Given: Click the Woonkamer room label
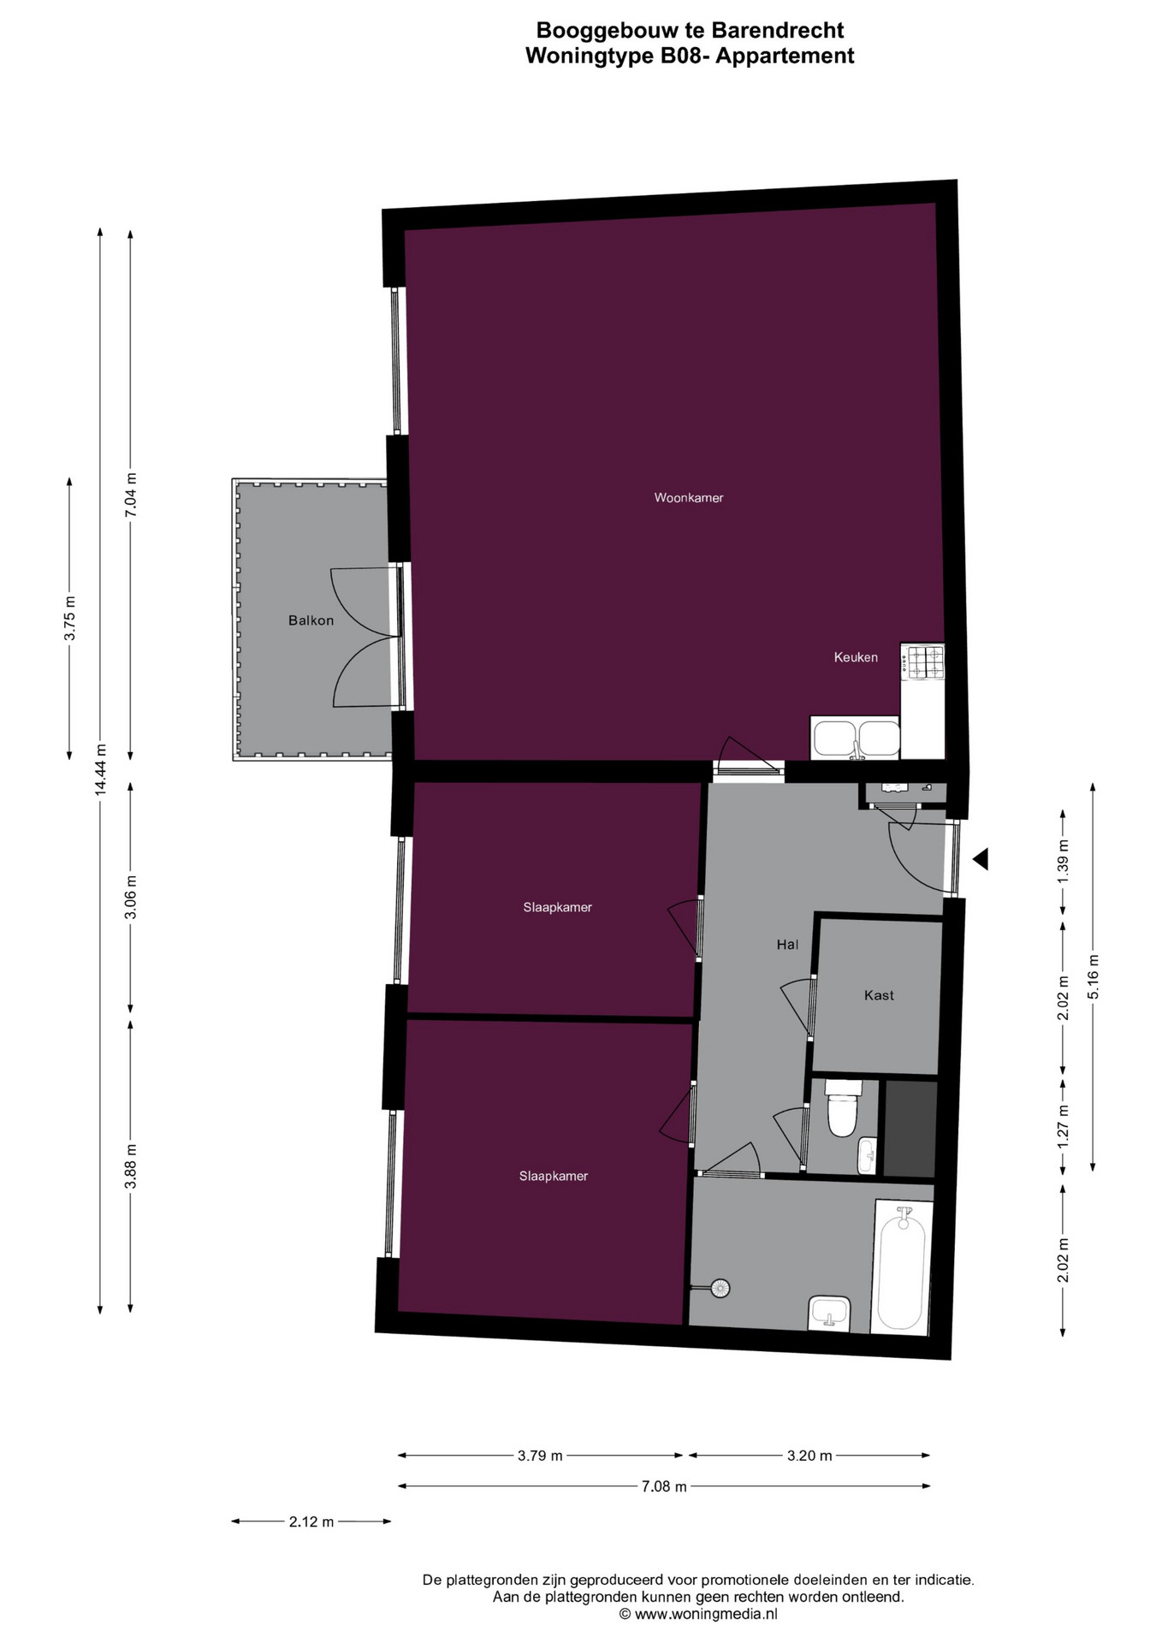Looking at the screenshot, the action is coord(688,497).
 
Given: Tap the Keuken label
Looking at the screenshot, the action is coord(856,657).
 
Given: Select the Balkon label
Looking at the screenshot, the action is coord(311,620).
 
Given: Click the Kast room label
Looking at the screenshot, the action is coord(879,995).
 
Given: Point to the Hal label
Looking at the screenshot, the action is coord(787,945).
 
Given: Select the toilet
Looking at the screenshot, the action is coord(842,1107).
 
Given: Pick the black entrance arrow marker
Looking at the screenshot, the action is coord(981,858).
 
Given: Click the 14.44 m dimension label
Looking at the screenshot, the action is coord(101,770).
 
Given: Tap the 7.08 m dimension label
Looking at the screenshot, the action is coord(664,1486).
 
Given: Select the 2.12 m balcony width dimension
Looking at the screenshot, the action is coord(311,1521).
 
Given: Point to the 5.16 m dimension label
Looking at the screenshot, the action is coord(1093,976).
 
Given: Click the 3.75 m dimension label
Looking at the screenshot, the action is coord(70,618).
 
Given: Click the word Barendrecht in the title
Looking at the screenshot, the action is coord(778,31).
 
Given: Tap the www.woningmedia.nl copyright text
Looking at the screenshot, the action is coord(698,1614).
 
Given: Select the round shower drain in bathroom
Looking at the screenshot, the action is coord(720,1288).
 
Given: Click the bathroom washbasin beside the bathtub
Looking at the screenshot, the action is coord(829,1313).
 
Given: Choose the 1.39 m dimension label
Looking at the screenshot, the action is coord(1063,863).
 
